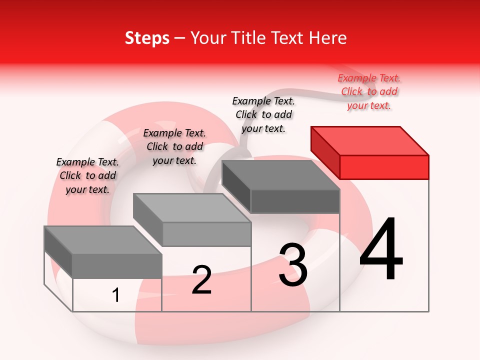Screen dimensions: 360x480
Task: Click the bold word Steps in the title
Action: pyautogui.click(x=147, y=38)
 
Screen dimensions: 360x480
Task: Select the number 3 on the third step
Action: pyautogui.click(x=293, y=265)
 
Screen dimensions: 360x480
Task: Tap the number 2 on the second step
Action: pyautogui.click(x=201, y=280)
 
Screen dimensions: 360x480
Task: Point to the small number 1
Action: pyautogui.click(x=116, y=295)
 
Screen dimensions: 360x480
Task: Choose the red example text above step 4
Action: pyautogui.click(x=369, y=92)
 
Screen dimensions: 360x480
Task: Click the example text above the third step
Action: pyautogui.click(x=263, y=114)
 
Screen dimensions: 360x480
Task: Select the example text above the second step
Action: pyautogui.click(x=174, y=146)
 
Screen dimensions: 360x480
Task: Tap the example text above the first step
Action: pyautogui.click(x=87, y=175)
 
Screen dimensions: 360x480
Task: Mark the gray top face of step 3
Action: pyautogui.click(x=280, y=175)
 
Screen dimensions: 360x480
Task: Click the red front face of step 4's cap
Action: pyautogui.click(x=384, y=167)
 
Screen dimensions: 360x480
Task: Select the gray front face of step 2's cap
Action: pyautogui.click(x=206, y=234)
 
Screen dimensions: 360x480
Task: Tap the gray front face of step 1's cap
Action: pyautogui.click(x=117, y=266)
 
